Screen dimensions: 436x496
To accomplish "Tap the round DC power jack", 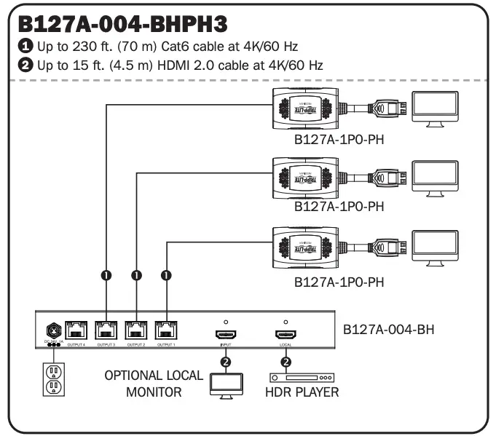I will [x=52, y=330].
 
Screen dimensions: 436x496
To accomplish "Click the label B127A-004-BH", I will [x=388, y=328].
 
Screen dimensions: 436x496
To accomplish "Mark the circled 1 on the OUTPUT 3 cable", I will [x=106, y=276].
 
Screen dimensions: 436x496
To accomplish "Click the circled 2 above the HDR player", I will [x=286, y=362].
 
